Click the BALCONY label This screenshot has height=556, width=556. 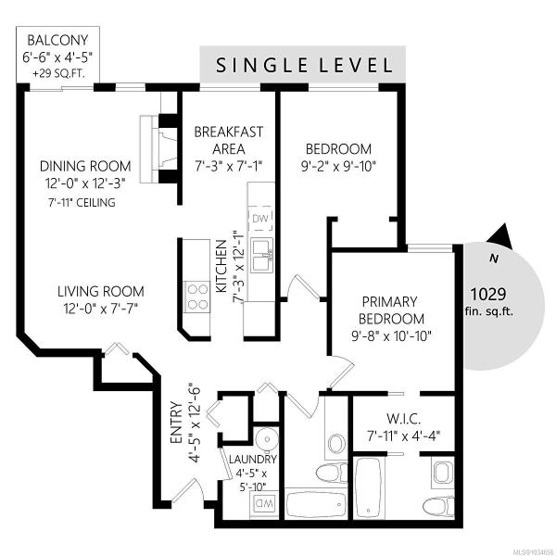point(57,40)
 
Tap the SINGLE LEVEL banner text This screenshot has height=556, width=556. point(304,66)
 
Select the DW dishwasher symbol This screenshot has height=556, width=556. point(260,219)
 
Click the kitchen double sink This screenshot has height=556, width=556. point(261,255)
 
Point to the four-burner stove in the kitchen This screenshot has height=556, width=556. point(197,297)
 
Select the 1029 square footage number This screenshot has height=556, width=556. point(488,294)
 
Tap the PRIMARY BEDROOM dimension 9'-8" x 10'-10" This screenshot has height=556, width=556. point(391,335)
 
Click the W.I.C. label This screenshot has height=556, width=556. point(403,419)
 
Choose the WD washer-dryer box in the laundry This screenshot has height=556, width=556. point(263,503)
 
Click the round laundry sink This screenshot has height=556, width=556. point(268,439)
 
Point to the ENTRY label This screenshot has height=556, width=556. point(176,423)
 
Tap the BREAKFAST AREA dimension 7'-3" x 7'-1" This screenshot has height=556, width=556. point(229,165)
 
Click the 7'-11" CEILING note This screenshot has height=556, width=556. point(82,202)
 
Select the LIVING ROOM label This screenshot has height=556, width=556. point(101,292)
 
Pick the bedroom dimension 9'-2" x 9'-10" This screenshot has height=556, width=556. point(338,166)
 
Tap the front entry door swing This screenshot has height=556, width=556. point(187,490)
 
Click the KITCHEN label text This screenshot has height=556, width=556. point(221,266)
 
